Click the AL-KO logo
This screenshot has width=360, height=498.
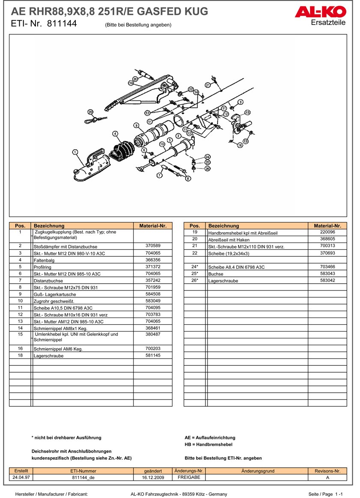coord(320,12)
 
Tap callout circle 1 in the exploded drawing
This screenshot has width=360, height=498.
coord(75,151)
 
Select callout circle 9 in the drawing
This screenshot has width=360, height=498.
coord(136,125)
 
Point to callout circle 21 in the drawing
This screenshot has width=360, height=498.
coord(208,85)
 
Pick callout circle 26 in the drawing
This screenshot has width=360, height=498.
coord(208,169)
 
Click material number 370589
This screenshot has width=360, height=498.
coord(153,246)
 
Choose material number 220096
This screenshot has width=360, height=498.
coord(327,232)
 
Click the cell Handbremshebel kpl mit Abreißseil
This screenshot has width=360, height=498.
coord(243,233)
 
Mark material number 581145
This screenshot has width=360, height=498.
coord(153,355)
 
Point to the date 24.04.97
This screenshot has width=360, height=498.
coord(21,477)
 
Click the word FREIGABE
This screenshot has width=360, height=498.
coord(189,477)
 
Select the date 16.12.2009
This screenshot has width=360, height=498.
coord(153,477)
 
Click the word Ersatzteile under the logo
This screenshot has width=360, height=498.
coord(328,22)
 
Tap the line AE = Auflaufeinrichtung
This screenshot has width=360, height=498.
coord(210,438)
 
